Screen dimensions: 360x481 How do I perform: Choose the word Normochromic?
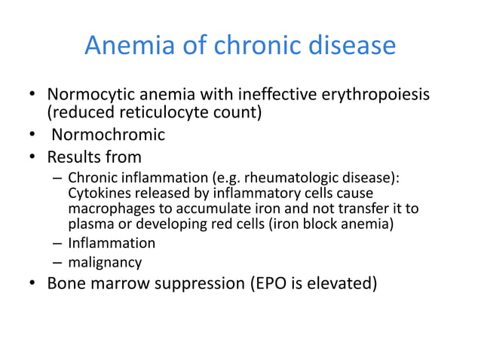pos(108,136)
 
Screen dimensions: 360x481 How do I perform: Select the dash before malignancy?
pos(57,263)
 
